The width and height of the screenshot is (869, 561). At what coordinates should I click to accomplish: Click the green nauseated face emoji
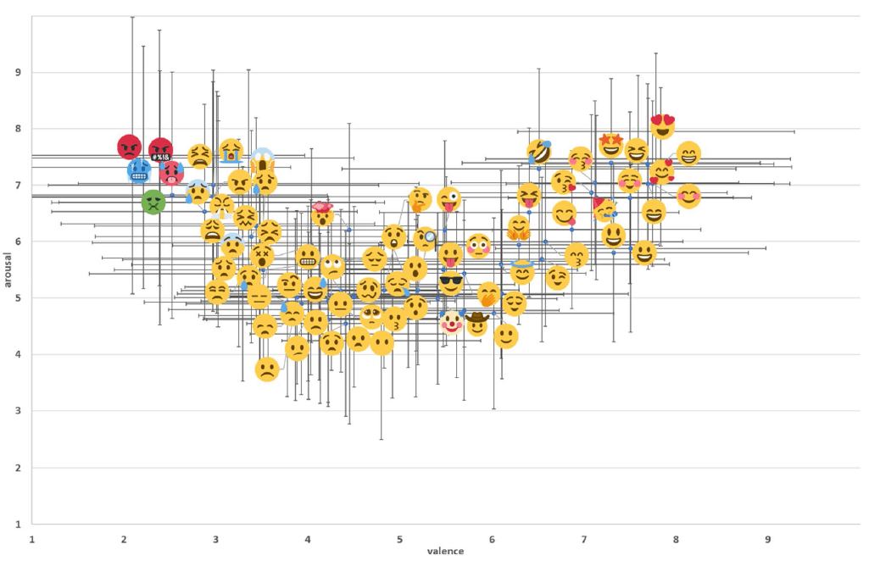click(x=153, y=202)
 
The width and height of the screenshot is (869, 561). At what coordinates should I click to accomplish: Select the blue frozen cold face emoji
click(x=140, y=170)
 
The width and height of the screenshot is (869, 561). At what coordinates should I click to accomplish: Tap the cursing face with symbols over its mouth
click(x=161, y=151)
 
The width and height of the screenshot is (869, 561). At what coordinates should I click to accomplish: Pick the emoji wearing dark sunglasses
click(x=451, y=282)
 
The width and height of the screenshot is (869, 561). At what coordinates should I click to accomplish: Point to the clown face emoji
click(x=453, y=322)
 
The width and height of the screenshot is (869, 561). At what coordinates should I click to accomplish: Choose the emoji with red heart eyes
click(x=662, y=125)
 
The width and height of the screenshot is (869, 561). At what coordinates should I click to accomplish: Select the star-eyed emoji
click(x=611, y=144)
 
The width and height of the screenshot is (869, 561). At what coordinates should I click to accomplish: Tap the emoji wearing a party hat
click(x=604, y=208)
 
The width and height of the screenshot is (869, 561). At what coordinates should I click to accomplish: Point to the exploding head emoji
click(x=323, y=213)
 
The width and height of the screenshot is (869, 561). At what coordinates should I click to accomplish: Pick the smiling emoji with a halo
click(x=522, y=270)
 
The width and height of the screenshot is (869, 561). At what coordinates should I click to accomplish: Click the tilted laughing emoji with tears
click(x=540, y=153)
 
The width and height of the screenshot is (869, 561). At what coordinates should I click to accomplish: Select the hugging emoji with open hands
click(x=519, y=227)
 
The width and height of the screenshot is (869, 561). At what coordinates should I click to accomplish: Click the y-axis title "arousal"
click(x=8, y=270)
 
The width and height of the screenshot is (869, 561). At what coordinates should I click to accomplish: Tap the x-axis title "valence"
click(x=445, y=551)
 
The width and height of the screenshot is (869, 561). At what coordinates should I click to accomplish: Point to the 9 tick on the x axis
click(x=768, y=539)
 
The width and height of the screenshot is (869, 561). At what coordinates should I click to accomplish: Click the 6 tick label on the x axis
click(x=492, y=539)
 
